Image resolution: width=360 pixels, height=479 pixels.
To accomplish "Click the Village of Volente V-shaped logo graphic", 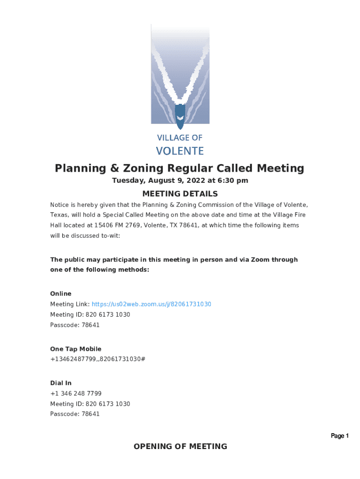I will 180,75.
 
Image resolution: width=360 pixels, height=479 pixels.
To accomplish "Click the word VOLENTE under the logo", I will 180,151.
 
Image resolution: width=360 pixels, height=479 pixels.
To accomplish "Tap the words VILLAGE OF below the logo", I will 180,138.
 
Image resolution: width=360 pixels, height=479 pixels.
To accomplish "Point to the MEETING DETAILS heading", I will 180,194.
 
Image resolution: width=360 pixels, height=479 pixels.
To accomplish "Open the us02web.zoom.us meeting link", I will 151,304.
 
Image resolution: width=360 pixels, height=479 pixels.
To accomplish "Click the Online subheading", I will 61,294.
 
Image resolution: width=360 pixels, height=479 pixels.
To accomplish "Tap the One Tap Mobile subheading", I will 76,349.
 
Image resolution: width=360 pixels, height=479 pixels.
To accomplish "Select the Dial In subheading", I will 61,383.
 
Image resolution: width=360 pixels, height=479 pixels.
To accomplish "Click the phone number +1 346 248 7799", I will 76,393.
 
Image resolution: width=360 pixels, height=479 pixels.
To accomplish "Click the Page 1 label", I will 340,436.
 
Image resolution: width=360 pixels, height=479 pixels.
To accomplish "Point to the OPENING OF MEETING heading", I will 180,447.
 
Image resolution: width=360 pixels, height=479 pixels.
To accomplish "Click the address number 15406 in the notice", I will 104,225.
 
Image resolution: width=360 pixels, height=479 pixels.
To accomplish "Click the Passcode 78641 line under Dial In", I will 75,414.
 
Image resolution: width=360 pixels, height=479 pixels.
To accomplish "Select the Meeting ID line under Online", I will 90,314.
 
